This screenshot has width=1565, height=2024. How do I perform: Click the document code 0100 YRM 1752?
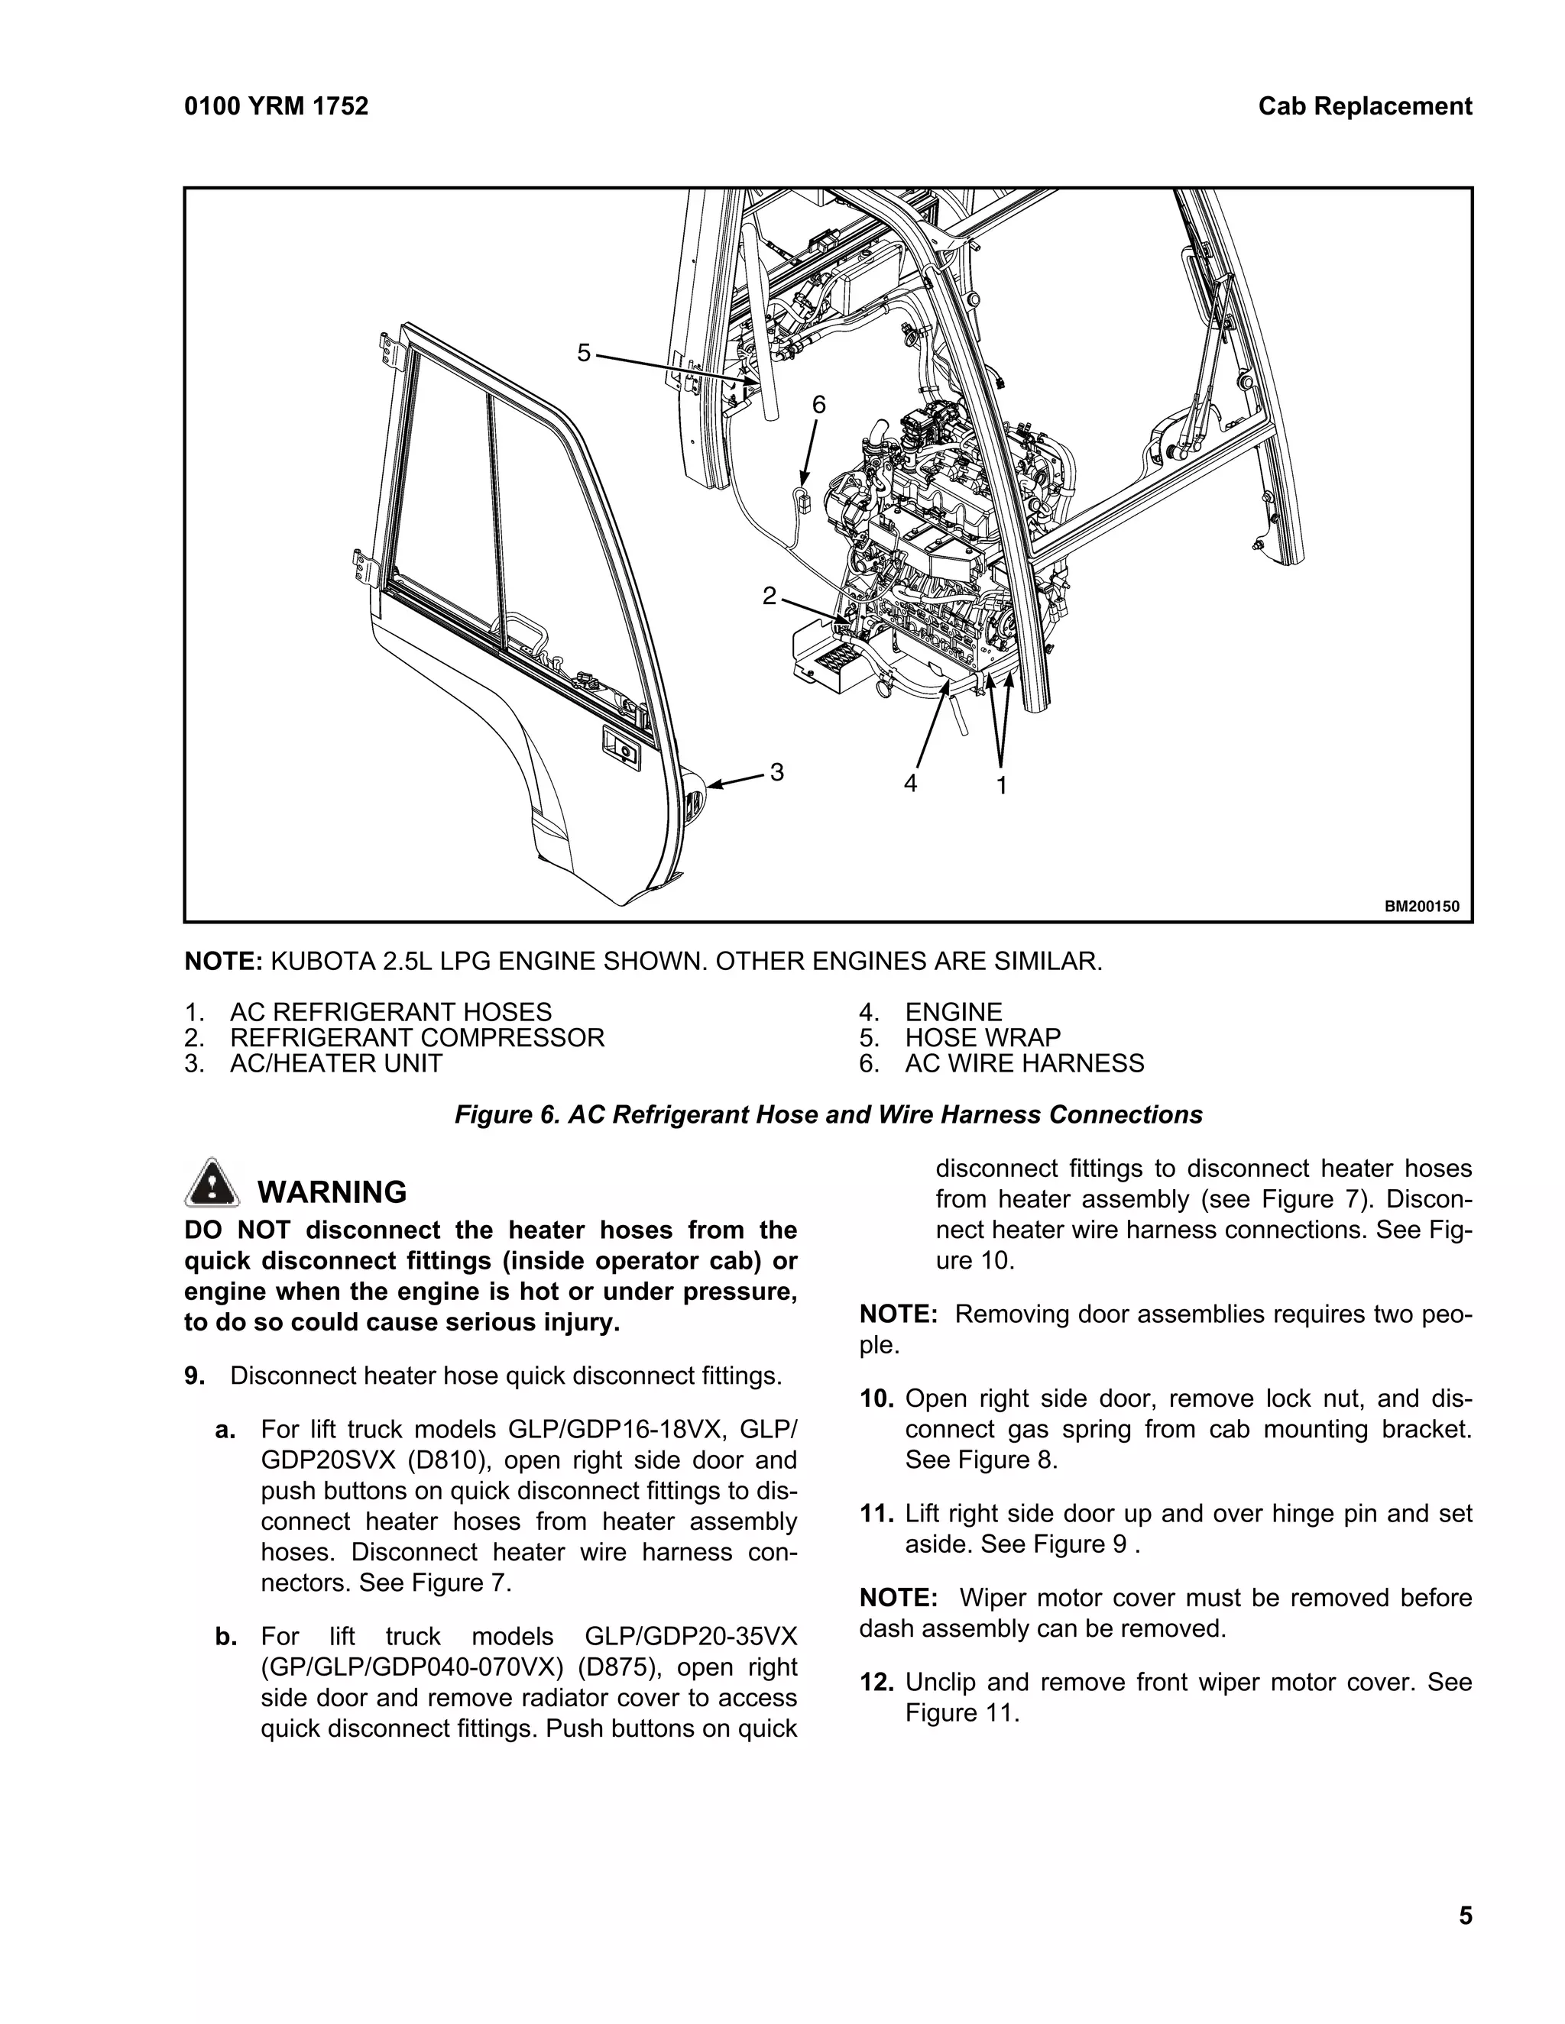point(277,107)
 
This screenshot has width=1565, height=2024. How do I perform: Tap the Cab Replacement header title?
point(1364,107)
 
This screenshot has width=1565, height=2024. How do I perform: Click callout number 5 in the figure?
point(583,352)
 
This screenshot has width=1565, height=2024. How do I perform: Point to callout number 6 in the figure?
point(818,405)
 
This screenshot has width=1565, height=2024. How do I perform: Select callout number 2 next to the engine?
point(769,596)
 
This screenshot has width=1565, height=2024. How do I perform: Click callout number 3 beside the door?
point(777,771)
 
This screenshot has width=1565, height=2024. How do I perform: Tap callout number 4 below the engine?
point(910,784)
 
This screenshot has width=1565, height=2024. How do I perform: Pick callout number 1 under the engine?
point(1001,786)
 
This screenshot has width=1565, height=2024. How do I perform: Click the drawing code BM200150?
point(1421,907)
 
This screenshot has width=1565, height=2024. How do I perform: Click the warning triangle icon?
point(213,1182)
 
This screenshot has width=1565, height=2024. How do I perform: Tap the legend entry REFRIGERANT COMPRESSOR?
point(416,1037)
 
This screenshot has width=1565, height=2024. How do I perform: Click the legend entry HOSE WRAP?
point(982,1037)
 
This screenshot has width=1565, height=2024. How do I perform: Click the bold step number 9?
point(194,1376)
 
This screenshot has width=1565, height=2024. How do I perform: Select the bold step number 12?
point(876,1682)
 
